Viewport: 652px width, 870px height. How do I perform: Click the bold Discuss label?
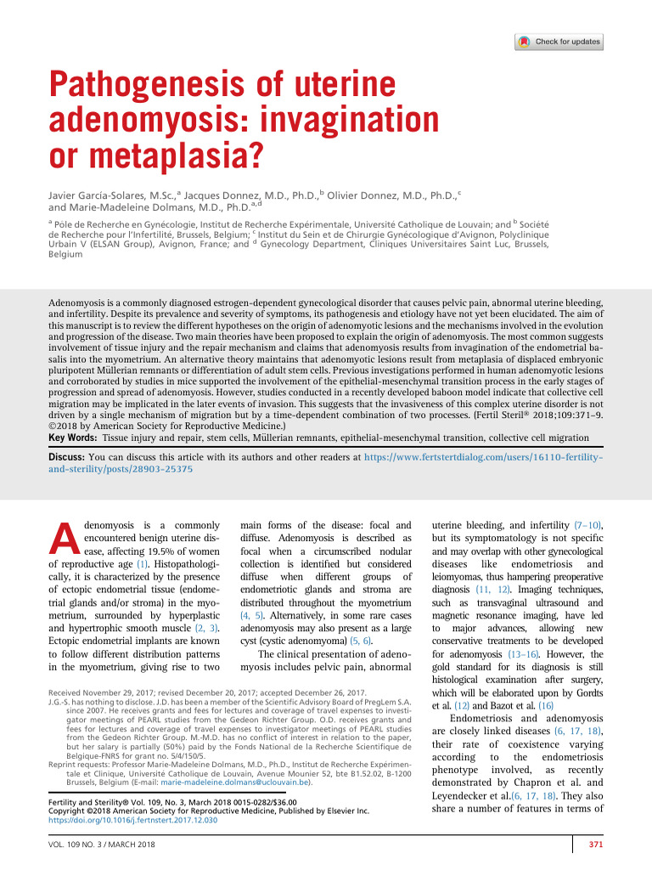[65, 457]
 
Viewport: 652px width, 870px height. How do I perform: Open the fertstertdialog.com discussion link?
[484, 457]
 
